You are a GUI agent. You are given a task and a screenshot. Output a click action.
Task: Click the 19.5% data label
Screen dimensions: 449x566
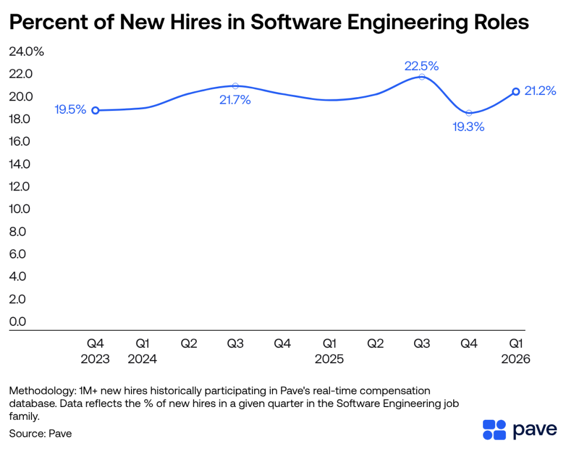tap(70, 109)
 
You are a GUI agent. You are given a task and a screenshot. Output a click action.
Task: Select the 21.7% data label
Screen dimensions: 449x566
tap(235, 100)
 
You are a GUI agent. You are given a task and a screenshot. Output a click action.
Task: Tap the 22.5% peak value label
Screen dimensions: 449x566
tap(421, 66)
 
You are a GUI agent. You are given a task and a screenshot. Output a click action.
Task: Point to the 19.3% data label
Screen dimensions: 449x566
tap(468, 127)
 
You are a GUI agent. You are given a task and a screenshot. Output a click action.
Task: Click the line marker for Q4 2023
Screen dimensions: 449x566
tap(95, 110)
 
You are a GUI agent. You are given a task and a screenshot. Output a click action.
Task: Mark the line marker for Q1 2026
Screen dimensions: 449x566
tap(516, 92)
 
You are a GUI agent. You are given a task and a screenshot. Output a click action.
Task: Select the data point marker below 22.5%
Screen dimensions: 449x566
tap(422, 77)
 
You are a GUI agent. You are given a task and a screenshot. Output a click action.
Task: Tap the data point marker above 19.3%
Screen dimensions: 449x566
tap(469, 113)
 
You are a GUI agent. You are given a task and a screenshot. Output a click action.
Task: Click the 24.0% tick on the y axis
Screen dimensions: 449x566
tap(25, 52)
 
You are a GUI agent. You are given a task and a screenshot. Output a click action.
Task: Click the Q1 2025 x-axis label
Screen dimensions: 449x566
tap(329, 351)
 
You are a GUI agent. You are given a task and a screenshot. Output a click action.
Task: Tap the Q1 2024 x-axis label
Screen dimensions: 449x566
tap(142, 351)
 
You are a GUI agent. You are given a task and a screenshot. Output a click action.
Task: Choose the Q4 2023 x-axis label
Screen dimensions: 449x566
tap(95, 351)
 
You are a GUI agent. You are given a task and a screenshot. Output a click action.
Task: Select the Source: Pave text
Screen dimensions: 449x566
tap(40, 434)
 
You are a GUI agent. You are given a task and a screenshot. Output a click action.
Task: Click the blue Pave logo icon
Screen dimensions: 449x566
tap(494, 430)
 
